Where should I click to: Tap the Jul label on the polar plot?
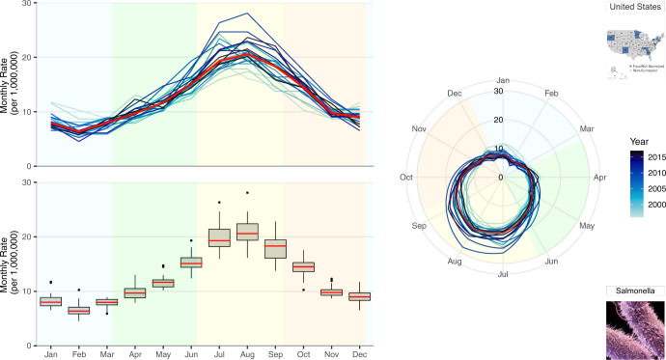pos(502,274)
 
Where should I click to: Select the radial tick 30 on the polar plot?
pos(499,92)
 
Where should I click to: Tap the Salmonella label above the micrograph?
pos(632,291)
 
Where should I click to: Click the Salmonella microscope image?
pos(632,328)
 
